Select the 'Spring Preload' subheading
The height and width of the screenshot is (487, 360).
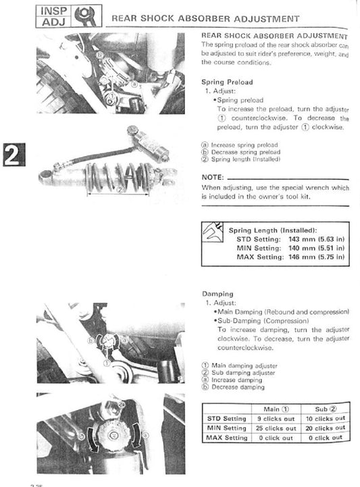[x=227, y=82]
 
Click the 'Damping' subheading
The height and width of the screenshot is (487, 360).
[x=217, y=294]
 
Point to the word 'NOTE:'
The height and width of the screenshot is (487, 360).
[x=214, y=177]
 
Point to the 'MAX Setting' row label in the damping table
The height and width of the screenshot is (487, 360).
[x=226, y=438]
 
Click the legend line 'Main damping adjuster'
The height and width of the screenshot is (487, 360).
[x=240, y=365]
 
